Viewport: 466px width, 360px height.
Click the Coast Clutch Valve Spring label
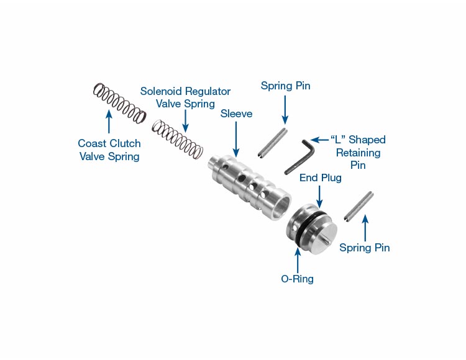pos(109,150)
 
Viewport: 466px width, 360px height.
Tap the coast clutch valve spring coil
pos(119,102)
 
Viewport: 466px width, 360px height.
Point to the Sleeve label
pos(236,114)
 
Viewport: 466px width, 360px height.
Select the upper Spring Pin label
pos(285,86)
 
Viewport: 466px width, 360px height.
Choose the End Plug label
pos(320,178)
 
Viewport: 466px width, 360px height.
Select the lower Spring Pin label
pos(365,248)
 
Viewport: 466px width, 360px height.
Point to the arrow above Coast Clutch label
pos(109,122)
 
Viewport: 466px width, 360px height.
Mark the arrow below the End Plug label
pos(319,196)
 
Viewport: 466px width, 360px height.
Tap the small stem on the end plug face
pos(326,237)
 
